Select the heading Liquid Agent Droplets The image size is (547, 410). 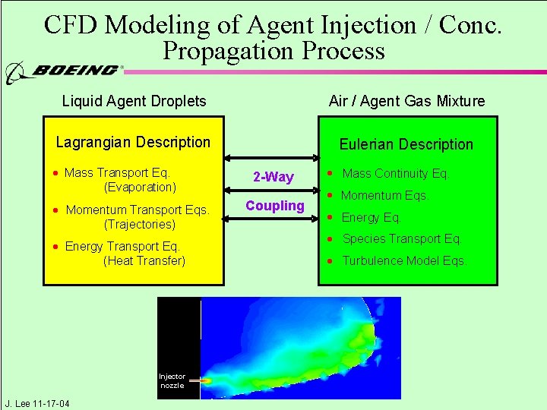(x=134, y=101)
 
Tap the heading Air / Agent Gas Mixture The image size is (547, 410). (x=406, y=101)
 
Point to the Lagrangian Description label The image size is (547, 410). (x=133, y=142)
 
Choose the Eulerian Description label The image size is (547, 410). (x=406, y=144)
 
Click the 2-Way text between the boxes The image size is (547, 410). (x=273, y=177)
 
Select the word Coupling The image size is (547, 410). (x=274, y=206)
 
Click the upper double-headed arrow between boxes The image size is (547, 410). (x=270, y=159)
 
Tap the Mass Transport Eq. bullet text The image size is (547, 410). (x=117, y=173)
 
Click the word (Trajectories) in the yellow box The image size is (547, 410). (x=140, y=224)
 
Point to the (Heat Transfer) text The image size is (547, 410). (x=144, y=260)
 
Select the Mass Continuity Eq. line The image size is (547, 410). (x=395, y=174)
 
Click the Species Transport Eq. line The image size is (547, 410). (x=401, y=239)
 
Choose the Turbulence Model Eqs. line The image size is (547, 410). (x=403, y=260)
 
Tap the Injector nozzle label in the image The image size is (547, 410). (x=172, y=380)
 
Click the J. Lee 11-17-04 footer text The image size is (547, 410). (x=36, y=403)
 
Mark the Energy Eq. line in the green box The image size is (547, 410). (x=371, y=218)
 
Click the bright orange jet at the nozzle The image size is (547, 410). (x=205, y=380)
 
